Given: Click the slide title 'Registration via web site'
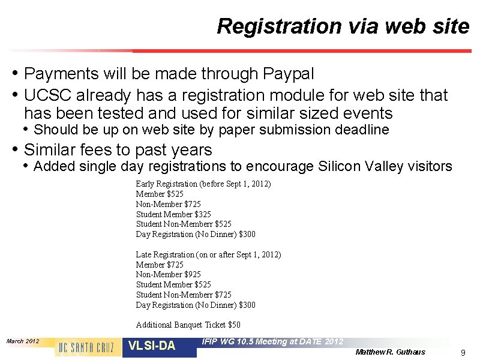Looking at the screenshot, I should click(343, 26).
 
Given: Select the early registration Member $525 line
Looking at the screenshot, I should click(160, 194).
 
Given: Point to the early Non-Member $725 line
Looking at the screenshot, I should click(168, 204).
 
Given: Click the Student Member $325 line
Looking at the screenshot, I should click(173, 214).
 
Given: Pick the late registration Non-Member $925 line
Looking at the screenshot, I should click(168, 274).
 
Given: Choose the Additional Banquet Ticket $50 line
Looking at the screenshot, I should click(188, 325).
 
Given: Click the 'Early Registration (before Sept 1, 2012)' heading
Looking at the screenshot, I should click(203, 184).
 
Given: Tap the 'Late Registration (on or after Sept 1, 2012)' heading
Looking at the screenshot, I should click(208, 254).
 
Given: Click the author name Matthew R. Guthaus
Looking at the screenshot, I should click(390, 352).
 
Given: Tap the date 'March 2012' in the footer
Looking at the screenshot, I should click(22, 341).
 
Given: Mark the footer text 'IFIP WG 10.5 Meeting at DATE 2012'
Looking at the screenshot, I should click(273, 341).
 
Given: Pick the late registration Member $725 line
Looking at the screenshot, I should click(160, 265).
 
